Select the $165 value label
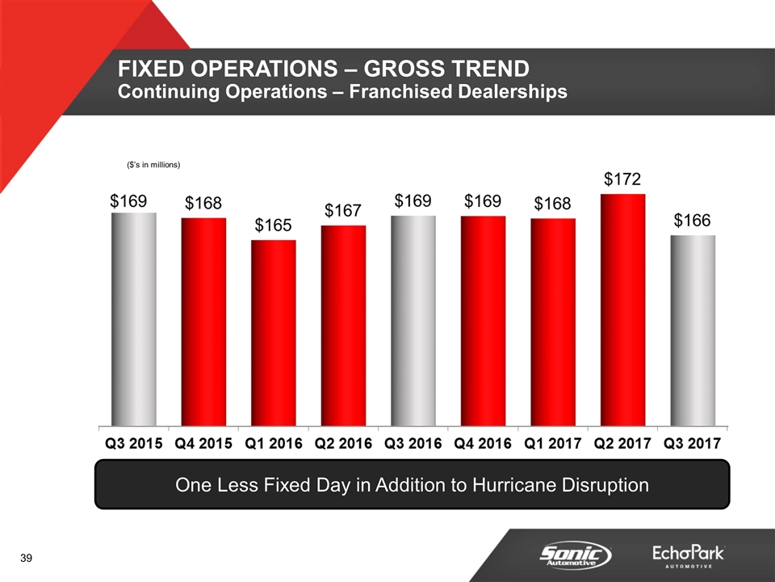[273, 224]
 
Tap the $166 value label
[693, 219]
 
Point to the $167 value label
[343, 209]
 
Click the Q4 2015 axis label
[203, 444]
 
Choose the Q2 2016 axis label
[343, 444]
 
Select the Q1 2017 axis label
[553, 444]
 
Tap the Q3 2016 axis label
[413, 444]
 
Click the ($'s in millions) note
[153, 165]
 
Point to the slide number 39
[27, 559]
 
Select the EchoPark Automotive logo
[689, 556]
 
